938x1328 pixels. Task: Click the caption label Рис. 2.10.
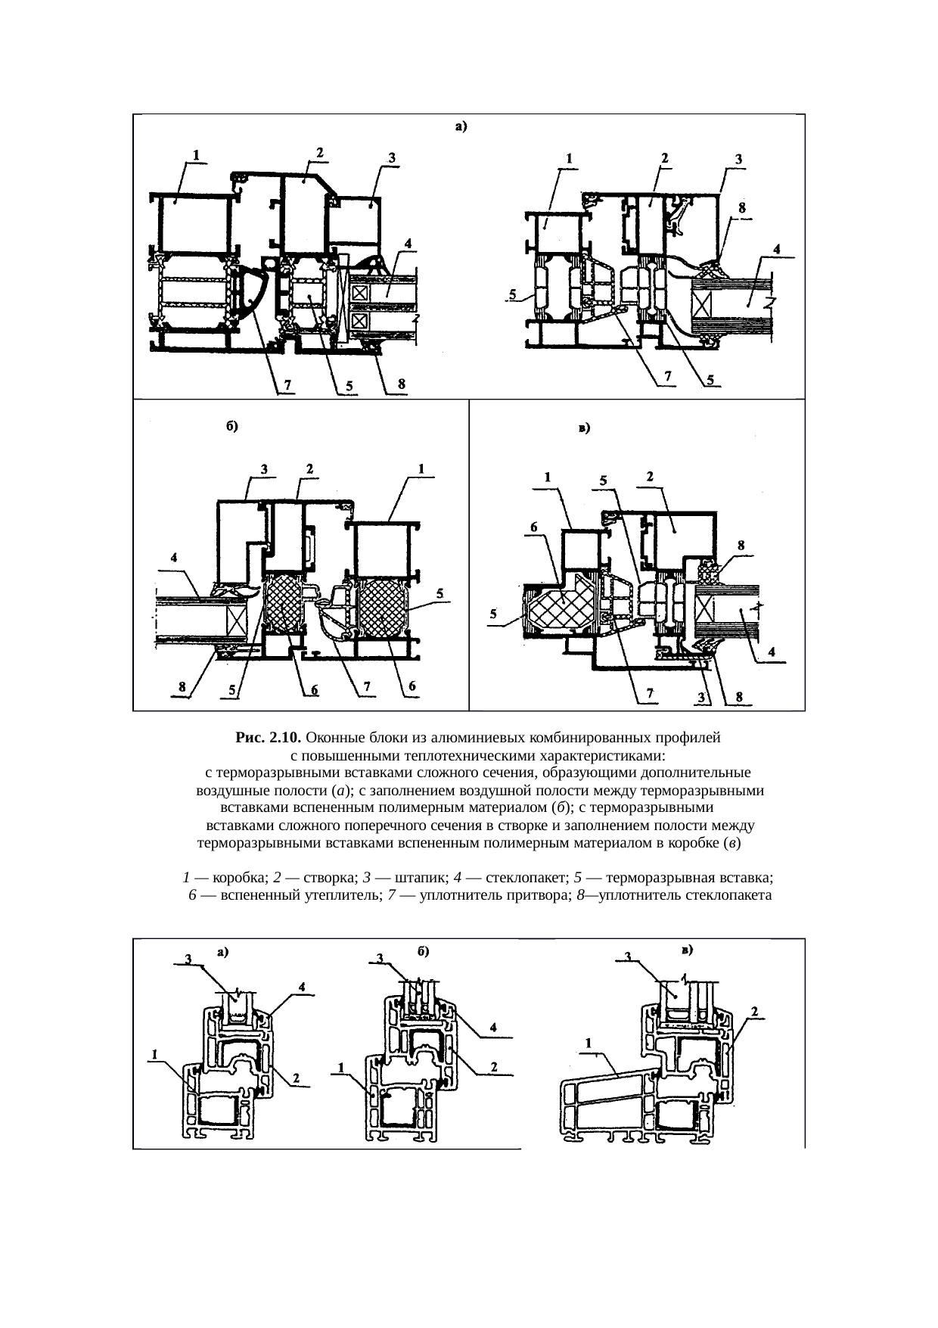[269, 737]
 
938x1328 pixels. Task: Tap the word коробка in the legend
[241, 878]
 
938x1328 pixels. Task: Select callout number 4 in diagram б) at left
[175, 556]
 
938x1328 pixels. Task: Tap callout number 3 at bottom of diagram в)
[700, 698]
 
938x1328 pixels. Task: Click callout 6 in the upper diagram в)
[533, 526]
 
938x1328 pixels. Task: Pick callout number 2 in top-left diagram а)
[320, 151]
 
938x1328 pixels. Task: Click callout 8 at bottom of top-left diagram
[402, 384]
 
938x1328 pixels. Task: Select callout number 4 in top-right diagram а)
[777, 248]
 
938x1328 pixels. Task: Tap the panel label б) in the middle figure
[232, 426]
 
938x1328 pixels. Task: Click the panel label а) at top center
[461, 127]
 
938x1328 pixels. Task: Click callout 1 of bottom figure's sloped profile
[589, 1043]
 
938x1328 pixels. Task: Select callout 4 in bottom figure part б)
[494, 1027]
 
